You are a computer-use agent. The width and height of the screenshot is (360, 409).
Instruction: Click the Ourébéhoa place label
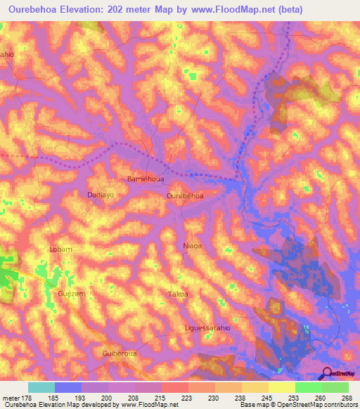(186, 196)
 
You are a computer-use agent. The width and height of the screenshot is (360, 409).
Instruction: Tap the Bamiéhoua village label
(146, 179)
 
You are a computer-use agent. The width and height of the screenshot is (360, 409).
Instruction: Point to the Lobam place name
(61, 249)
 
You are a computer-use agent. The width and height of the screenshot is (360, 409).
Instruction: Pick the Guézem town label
(71, 294)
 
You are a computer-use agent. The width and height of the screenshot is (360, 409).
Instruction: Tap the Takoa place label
(179, 294)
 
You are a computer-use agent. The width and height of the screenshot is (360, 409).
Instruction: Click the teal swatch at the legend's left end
(41, 387)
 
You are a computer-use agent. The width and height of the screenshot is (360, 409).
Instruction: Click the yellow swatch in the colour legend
(281, 387)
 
